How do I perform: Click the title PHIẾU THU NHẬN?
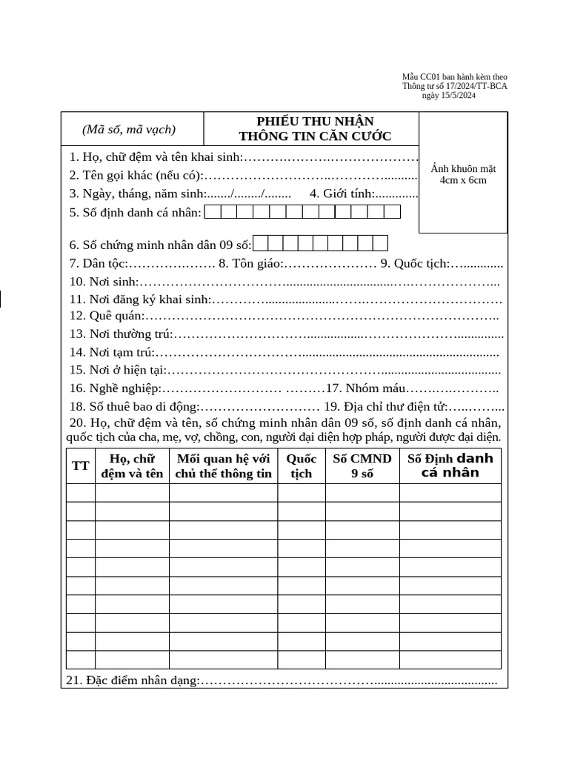(315, 121)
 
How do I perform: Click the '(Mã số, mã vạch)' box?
(129, 129)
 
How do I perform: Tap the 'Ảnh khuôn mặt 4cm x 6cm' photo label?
(463, 174)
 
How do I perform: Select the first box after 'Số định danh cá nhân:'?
(212, 213)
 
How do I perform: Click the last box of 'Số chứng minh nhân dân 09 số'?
(380, 244)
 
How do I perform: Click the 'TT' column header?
(80, 465)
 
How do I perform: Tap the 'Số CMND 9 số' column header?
(362, 465)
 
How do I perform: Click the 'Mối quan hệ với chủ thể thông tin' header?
(223, 465)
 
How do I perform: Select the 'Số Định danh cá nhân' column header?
(450, 465)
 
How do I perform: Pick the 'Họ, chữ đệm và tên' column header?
(132, 465)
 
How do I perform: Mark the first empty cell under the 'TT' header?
(80, 492)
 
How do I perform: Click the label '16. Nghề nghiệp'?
(115, 388)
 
